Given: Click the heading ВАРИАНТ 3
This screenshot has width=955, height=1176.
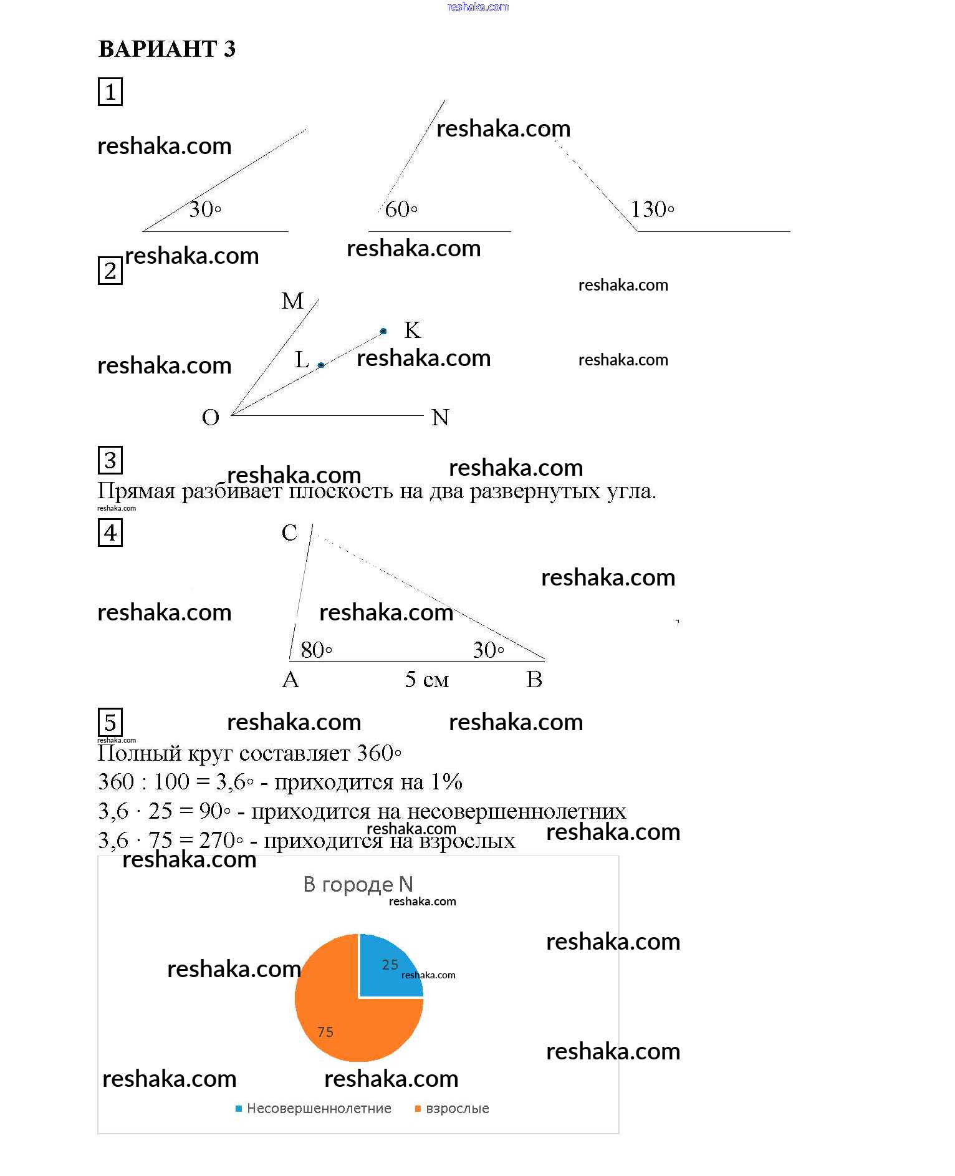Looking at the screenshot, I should (167, 49).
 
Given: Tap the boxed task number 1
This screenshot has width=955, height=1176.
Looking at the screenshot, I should (110, 92).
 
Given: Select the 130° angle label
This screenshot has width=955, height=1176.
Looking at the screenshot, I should (652, 210).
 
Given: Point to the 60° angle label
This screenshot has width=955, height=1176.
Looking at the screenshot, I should (401, 210).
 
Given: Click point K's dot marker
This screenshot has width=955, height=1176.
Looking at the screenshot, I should (383, 331).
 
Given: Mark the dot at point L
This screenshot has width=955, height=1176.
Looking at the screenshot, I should (321, 365).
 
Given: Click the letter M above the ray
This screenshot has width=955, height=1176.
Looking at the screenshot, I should (292, 301).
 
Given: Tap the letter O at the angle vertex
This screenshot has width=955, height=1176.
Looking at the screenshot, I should (211, 417).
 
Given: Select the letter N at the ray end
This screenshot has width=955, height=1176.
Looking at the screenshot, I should (440, 417).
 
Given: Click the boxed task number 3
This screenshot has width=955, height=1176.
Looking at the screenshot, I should (110, 460).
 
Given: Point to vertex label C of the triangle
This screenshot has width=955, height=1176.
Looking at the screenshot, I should (289, 533).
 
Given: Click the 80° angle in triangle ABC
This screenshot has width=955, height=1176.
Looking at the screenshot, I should (316, 650).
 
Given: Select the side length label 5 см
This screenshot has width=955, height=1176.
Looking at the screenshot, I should (427, 680).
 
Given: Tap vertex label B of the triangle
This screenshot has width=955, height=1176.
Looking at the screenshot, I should (534, 680).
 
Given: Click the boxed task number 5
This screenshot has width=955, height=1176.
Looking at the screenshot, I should (110, 723).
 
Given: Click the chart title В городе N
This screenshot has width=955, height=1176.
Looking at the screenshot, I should (358, 884).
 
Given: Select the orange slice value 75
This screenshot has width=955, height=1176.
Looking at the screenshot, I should (325, 1032).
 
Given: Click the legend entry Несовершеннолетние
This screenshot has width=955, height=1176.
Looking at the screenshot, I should (319, 1108).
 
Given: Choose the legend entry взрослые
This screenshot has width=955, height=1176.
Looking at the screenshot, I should (457, 1108).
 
